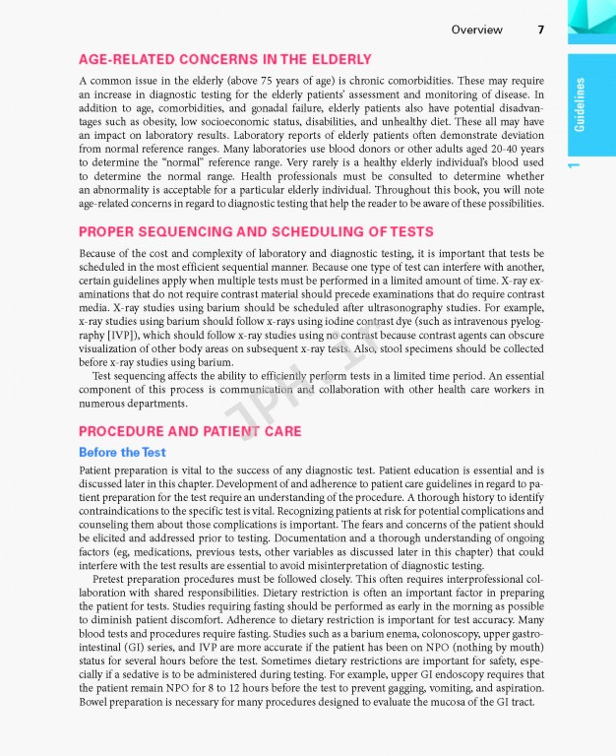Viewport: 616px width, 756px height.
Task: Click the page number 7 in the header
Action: pyautogui.click(x=541, y=30)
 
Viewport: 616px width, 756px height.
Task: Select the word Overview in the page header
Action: pyautogui.click(x=476, y=30)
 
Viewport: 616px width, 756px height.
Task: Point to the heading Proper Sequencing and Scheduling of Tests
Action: pyautogui.click(x=256, y=231)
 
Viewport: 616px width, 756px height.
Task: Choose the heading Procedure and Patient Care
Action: pyautogui.click(x=190, y=431)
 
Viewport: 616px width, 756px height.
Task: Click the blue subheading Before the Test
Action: pyautogui.click(x=122, y=452)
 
